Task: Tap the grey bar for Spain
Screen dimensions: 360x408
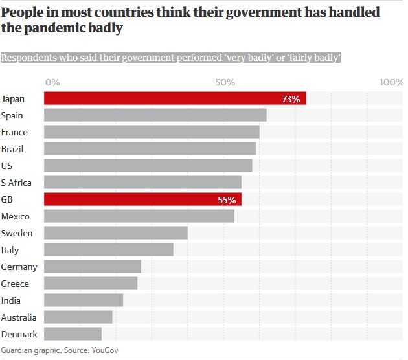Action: click(x=155, y=115)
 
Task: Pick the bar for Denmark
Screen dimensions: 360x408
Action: click(x=73, y=334)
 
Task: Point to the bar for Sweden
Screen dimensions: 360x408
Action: click(x=115, y=233)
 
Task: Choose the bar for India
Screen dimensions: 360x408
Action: click(x=84, y=300)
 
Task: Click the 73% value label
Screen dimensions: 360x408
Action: click(x=291, y=99)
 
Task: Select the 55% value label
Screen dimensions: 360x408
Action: click(x=227, y=200)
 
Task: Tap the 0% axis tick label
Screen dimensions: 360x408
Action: click(x=53, y=82)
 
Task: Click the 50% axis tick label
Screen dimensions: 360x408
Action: click(x=225, y=82)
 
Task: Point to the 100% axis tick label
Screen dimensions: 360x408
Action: click(x=391, y=82)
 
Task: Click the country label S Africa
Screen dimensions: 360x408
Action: click(x=16, y=183)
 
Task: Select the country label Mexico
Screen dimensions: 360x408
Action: click(x=16, y=216)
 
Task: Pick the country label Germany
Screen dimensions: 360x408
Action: click(x=19, y=267)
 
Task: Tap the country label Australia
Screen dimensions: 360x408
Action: click(x=19, y=317)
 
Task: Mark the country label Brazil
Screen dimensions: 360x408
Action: click(x=13, y=149)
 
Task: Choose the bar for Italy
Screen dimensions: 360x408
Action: click(x=108, y=250)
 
